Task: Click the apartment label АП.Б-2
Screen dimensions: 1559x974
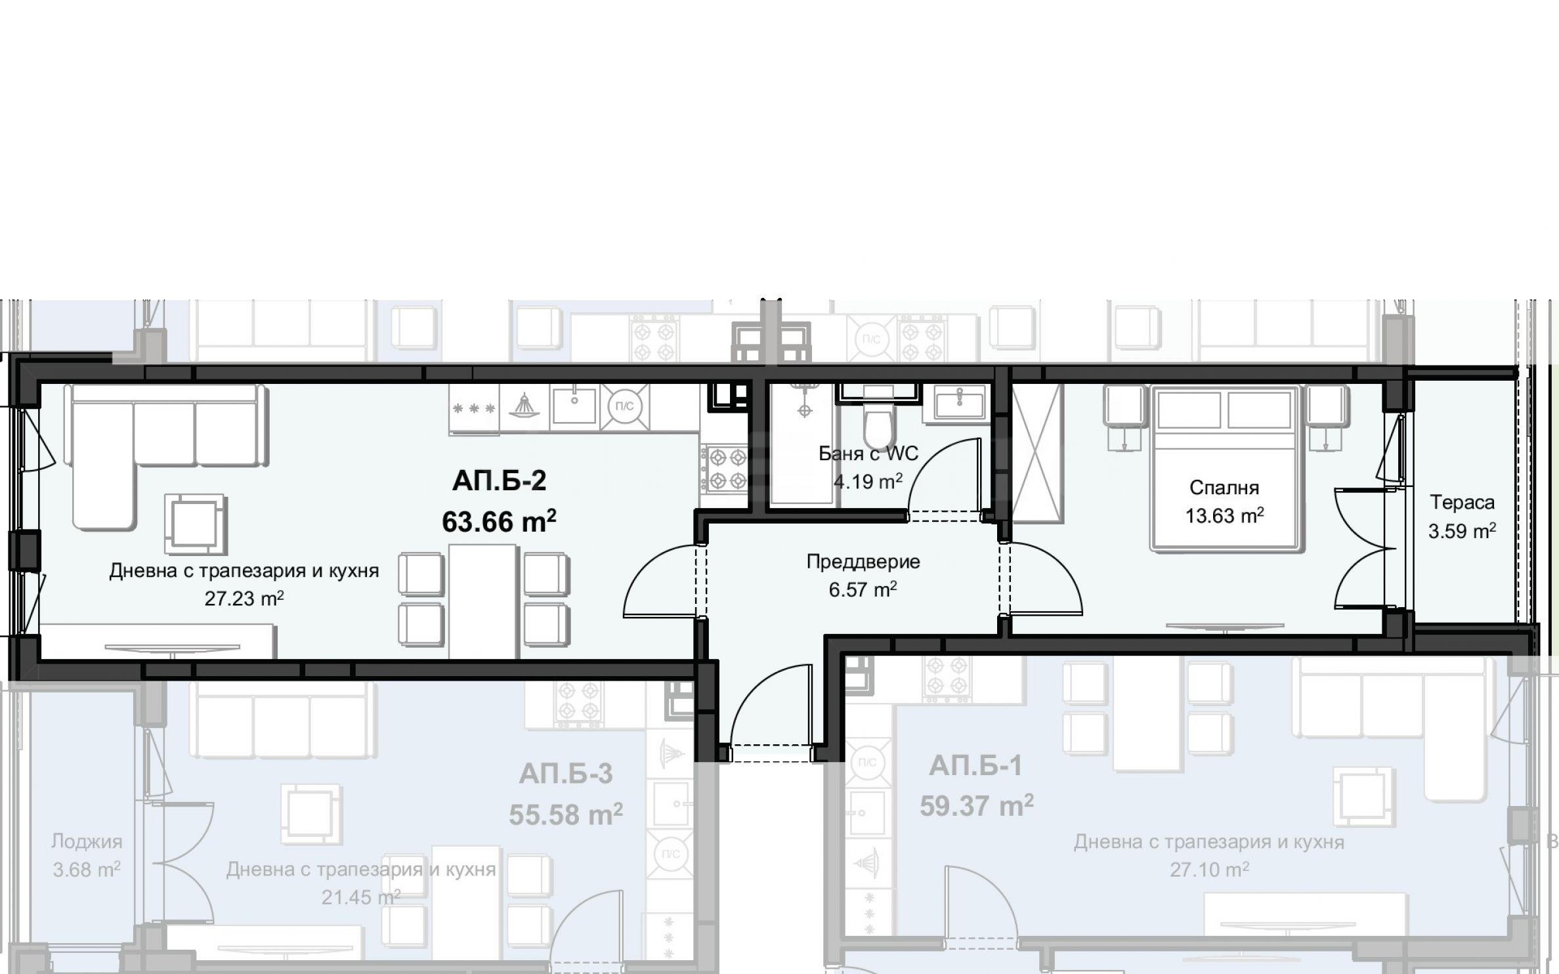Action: pyautogui.click(x=499, y=481)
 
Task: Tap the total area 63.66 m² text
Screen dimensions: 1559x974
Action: pyautogui.click(x=499, y=522)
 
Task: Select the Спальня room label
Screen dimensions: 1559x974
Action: pyautogui.click(x=1224, y=488)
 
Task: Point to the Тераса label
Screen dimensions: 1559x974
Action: pyautogui.click(x=1463, y=503)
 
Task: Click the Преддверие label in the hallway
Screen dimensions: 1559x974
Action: pyautogui.click(x=863, y=562)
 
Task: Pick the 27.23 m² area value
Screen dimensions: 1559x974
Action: pyautogui.click(x=244, y=599)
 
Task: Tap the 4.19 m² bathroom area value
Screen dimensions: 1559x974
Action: pyautogui.click(x=868, y=481)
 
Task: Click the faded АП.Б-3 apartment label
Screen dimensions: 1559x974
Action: pyautogui.click(x=566, y=774)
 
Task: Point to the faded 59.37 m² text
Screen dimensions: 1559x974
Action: pyautogui.click(x=976, y=805)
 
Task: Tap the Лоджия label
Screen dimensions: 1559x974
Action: pyautogui.click(x=87, y=841)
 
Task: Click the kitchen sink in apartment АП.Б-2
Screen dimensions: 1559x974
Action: pyautogui.click(x=574, y=405)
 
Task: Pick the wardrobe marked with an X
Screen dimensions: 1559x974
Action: pyautogui.click(x=1036, y=453)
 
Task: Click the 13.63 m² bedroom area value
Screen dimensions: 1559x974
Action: pyautogui.click(x=1224, y=516)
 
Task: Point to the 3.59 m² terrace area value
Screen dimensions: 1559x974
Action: pyautogui.click(x=1463, y=530)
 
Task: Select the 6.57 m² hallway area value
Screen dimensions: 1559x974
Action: pyautogui.click(x=863, y=589)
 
